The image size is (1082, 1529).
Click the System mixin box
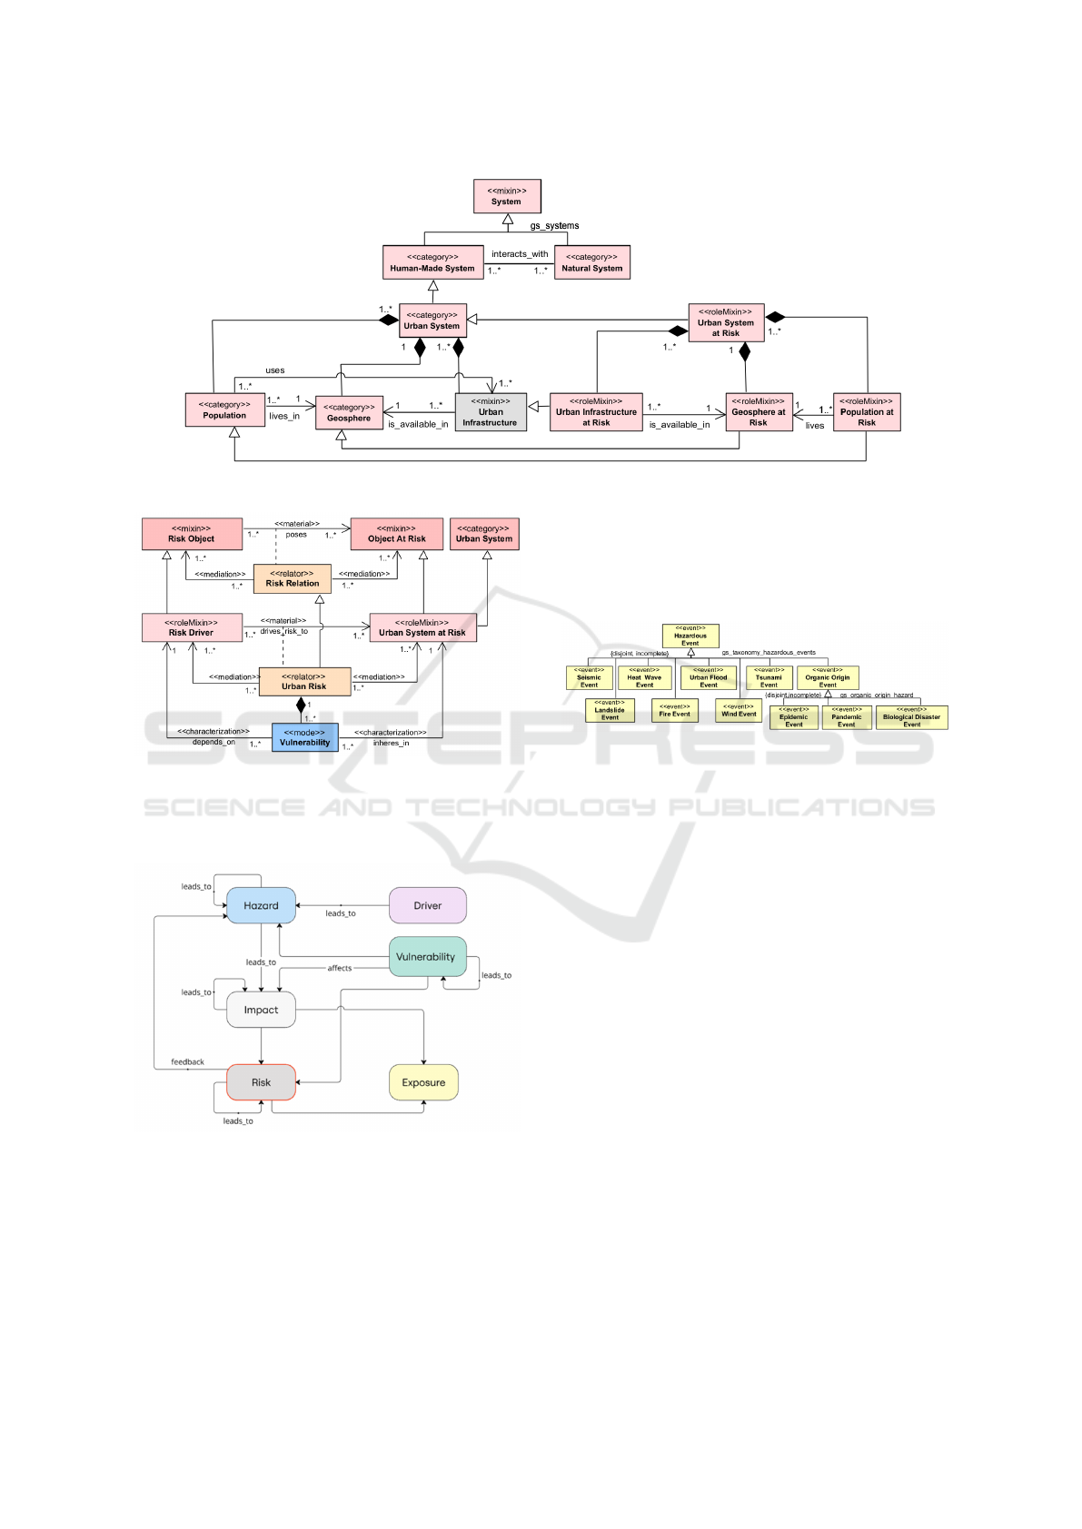pyautogui.click(x=507, y=196)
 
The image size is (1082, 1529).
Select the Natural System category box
pyautogui.click(x=591, y=262)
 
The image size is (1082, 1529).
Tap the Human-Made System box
pyautogui.click(x=432, y=262)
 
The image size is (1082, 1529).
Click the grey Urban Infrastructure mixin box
pyautogui.click(x=491, y=412)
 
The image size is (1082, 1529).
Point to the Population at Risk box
pyautogui.click(x=867, y=412)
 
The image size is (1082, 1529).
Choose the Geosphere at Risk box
pyautogui.click(x=759, y=412)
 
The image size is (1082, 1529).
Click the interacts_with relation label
pyautogui.click(x=520, y=254)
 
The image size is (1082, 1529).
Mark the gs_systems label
pyautogui.click(x=554, y=226)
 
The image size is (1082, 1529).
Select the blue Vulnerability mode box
pyautogui.click(x=304, y=737)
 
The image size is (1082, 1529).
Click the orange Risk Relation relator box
pyautogui.click(x=293, y=578)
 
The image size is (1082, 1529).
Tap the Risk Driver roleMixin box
pyautogui.click(x=192, y=627)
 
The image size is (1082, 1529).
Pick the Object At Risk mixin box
pyautogui.click(x=397, y=534)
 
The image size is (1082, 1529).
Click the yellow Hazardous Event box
pyautogui.click(x=690, y=636)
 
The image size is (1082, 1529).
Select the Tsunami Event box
pyautogui.click(x=769, y=677)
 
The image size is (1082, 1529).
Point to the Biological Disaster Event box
pyautogui.click(x=911, y=717)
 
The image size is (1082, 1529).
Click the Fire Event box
pyautogui.click(x=674, y=710)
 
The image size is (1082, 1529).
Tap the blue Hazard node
pyautogui.click(x=261, y=905)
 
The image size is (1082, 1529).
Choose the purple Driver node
pyautogui.click(x=428, y=905)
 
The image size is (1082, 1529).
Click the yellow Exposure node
pyautogui.click(x=423, y=1082)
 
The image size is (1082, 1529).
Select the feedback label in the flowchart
pyautogui.click(x=187, y=1061)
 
